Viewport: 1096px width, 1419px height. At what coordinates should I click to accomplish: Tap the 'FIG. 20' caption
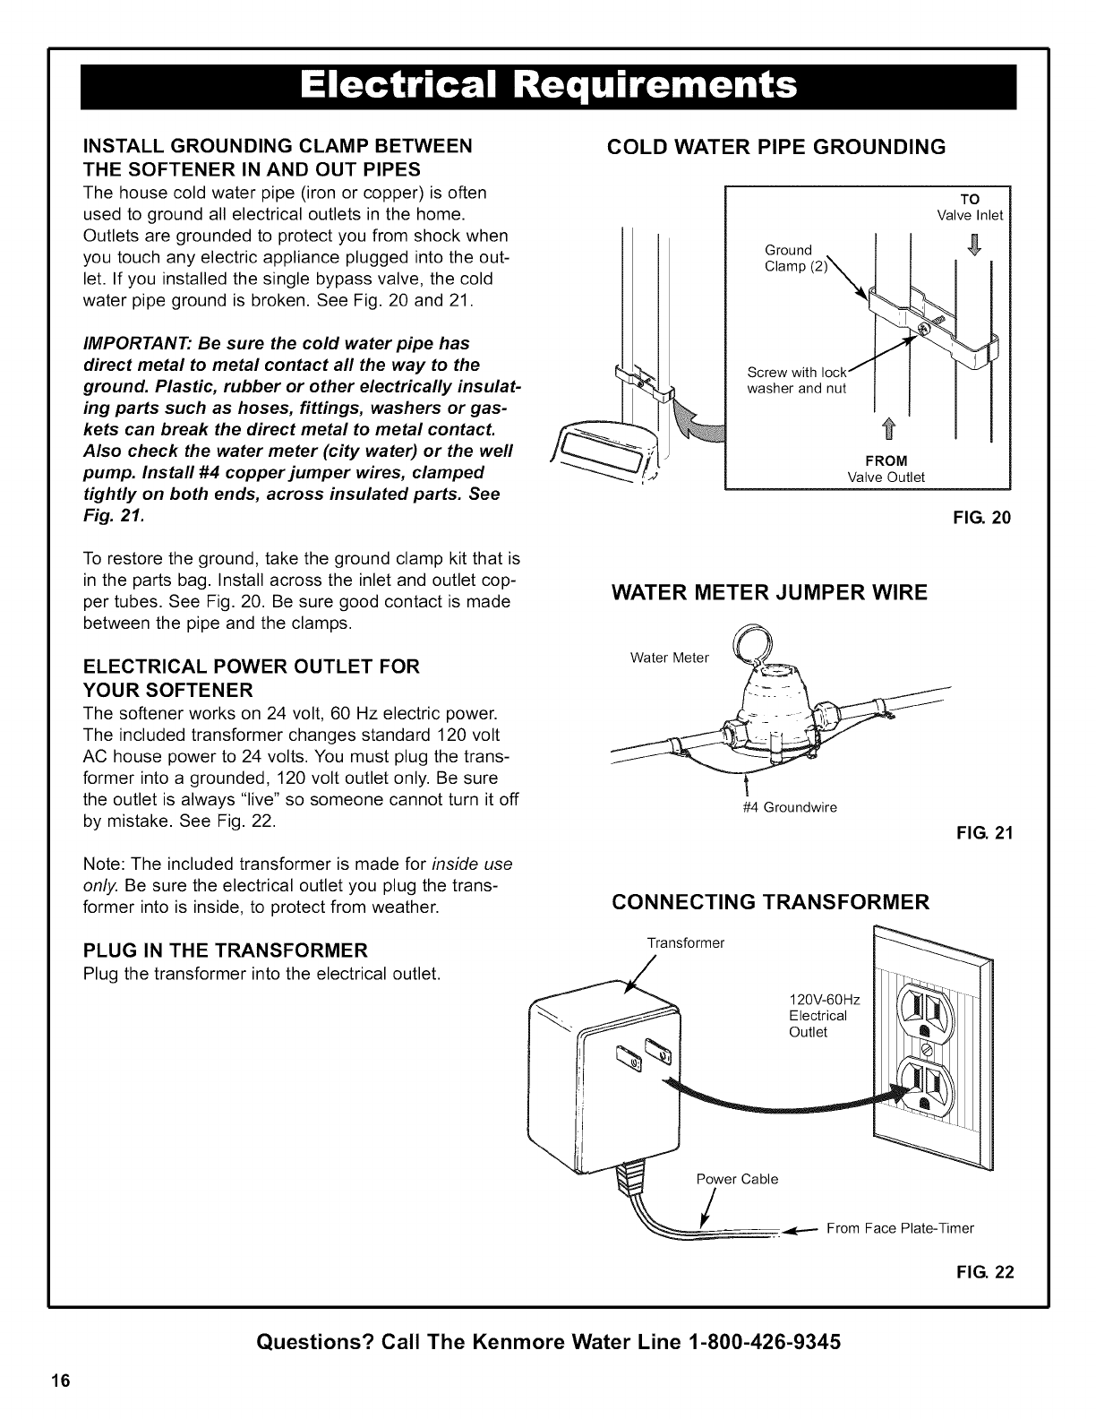pos(989,517)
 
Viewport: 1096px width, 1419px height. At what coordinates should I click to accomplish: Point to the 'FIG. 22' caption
pos(989,1273)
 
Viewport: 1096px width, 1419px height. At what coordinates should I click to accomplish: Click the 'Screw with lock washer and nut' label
pos(797,380)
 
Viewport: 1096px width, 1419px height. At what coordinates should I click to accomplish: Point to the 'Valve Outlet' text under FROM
pos(886,477)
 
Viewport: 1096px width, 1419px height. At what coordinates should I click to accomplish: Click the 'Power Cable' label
pos(737,1179)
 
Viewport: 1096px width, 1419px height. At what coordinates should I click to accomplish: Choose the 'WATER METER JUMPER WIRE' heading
pos(769,592)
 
